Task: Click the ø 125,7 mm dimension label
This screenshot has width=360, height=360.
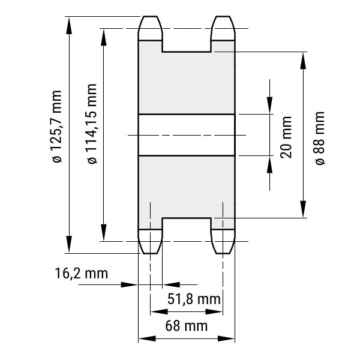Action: point(57,127)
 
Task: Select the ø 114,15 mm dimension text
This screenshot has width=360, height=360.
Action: point(92,124)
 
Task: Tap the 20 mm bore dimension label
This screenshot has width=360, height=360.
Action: point(286,137)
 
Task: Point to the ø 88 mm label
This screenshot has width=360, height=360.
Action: point(320,138)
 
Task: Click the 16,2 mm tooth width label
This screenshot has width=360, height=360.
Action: point(81,273)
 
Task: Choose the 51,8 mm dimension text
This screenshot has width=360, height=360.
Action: point(194,299)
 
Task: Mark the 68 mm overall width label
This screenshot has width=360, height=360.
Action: point(187,326)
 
